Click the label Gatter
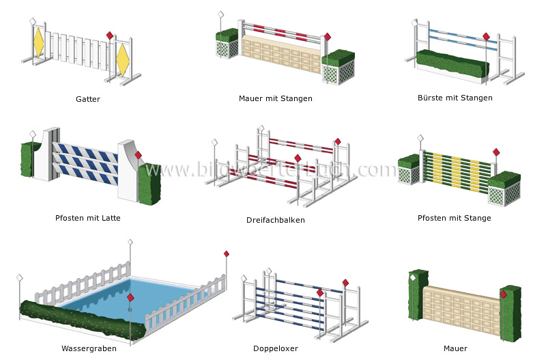tap(87, 99)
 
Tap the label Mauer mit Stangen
tap(276, 98)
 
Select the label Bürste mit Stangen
tap(455, 98)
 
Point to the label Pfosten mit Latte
tap(88, 219)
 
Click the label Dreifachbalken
tap(276, 220)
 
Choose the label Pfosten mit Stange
tap(454, 219)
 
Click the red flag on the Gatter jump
tap(109, 36)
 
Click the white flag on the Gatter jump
tap(32, 22)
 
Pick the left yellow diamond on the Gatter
tap(39, 42)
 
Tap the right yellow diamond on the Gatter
tap(123, 59)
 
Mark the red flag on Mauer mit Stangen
tap(327, 37)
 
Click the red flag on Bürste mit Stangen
tap(486, 37)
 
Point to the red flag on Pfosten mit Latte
tap(138, 155)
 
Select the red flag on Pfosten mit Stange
tap(496, 152)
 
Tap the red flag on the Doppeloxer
tap(345, 283)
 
